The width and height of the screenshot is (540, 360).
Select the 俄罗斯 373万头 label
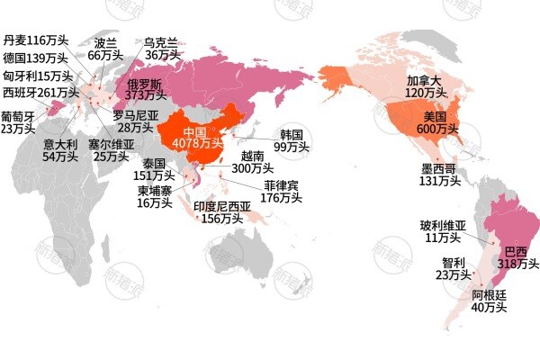coord(145,89)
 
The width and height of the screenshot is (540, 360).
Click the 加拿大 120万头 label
coord(426,86)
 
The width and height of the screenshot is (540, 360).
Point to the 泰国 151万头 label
coord(148,170)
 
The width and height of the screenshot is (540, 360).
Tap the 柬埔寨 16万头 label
coord(155,197)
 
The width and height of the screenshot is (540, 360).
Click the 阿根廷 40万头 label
coord(489,301)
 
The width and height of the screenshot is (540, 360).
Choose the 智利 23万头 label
coord(452,269)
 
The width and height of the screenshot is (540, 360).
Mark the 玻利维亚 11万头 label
coord(442,231)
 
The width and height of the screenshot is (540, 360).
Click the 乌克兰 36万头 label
coord(162,49)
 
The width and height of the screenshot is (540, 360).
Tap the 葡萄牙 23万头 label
coord(17,122)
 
